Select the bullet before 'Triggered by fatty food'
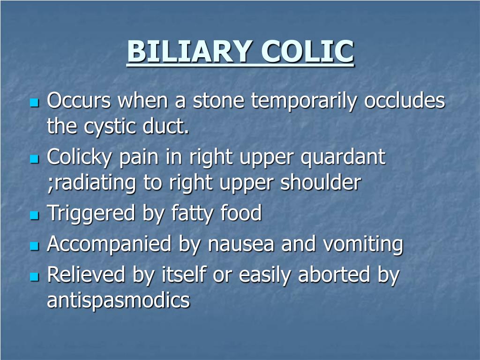tap(33, 216)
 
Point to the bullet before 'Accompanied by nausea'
tap(33, 246)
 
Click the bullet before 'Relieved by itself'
tap(33, 277)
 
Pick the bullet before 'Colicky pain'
tap(33, 159)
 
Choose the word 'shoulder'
tap(321, 183)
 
